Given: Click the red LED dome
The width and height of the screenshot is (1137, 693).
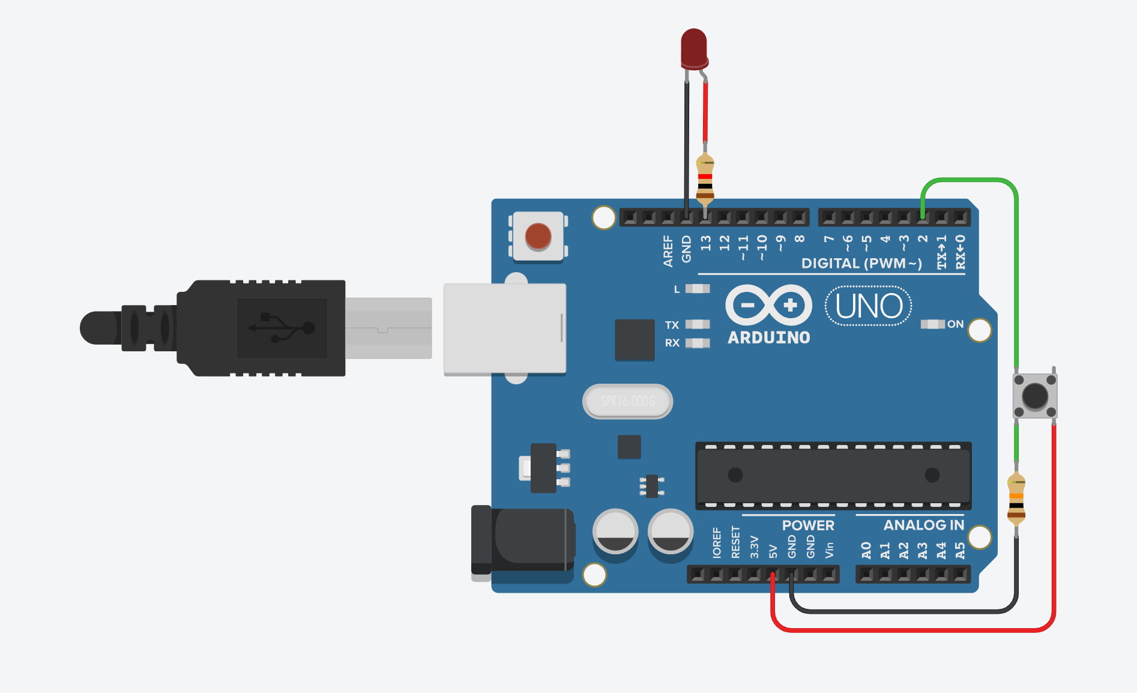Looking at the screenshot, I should (694, 47).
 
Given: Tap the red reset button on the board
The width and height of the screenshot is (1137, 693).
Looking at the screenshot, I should (538, 236).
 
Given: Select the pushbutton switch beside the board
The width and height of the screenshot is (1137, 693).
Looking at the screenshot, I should (1034, 396).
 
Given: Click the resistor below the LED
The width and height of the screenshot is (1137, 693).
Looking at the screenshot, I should (705, 179).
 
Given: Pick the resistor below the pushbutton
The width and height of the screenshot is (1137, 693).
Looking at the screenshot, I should (1016, 499).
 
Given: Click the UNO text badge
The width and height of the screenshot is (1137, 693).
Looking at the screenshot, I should (868, 306).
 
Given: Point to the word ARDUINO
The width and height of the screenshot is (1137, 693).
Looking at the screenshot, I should (768, 337).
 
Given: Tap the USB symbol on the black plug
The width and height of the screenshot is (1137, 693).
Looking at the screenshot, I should (282, 328).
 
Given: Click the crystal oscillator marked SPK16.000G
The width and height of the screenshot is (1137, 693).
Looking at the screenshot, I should (627, 401).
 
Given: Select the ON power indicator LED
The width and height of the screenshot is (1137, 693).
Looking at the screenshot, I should (932, 324).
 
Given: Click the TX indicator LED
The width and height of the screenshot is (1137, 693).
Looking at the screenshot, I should (697, 324).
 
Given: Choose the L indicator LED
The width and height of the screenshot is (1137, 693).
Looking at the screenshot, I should (697, 289).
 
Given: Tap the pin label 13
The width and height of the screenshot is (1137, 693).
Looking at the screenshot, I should (705, 243).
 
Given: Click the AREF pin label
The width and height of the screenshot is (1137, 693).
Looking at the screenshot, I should (668, 250).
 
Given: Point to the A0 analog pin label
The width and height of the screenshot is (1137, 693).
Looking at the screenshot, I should (866, 550).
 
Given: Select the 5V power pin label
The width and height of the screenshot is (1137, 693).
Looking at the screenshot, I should (773, 551).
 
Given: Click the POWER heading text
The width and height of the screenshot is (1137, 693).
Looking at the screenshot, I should (807, 525).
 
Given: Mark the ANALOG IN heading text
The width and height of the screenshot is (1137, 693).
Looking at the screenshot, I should (923, 525).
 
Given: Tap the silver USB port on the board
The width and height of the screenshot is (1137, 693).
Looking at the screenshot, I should (504, 328).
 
